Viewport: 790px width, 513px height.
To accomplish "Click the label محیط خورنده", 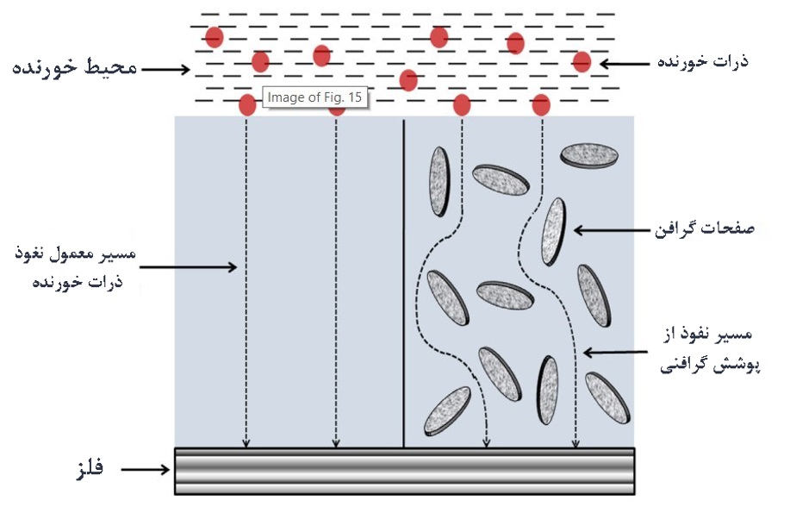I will point(75,67).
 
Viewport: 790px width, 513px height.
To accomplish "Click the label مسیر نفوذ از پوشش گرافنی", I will point(704,352).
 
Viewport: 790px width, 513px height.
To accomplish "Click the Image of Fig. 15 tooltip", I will point(314,97).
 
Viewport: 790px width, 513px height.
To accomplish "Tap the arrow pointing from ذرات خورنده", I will point(627,63).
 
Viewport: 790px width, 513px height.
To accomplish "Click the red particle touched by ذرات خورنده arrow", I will point(582,62).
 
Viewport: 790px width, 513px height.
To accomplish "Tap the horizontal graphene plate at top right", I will point(589,155).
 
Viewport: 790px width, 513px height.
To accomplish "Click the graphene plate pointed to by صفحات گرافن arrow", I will point(553,231).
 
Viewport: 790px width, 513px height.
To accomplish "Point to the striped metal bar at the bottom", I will point(404,471).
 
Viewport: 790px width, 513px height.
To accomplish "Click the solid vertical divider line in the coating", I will point(404,276).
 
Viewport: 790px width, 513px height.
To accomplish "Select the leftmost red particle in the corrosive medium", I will point(214,37).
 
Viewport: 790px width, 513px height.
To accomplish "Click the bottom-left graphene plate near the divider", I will point(446,410).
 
